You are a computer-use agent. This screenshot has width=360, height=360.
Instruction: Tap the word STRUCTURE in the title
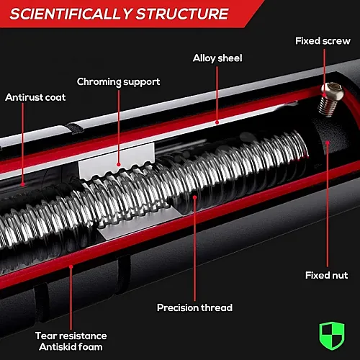point(182,14)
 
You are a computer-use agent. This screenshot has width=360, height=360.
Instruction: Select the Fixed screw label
point(323,41)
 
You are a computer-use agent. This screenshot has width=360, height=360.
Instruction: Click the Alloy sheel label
point(217,58)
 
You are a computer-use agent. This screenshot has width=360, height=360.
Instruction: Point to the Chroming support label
point(118,82)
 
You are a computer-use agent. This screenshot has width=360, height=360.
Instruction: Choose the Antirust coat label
point(35,97)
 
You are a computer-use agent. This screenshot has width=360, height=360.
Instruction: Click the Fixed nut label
point(326,275)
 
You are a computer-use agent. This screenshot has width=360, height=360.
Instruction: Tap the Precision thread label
point(194,307)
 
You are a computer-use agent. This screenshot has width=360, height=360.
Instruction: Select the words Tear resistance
point(71,336)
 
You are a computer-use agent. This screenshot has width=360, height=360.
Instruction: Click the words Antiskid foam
point(71,347)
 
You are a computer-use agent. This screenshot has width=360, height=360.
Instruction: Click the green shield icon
point(332,336)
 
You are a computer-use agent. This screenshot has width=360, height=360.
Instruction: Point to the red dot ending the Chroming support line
point(119,164)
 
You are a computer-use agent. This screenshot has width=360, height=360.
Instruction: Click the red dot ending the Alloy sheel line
point(217,122)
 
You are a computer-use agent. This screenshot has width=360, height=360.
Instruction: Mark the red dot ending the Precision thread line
point(195,197)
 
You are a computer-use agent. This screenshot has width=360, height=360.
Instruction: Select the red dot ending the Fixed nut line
point(328,143)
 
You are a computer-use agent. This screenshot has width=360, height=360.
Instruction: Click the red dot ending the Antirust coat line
point(22,184)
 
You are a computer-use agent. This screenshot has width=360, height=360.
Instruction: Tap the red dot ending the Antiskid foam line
point(71,266)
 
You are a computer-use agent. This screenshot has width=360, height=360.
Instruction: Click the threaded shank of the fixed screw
point(328,107)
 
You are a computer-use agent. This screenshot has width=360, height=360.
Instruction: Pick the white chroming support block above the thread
point(117,161)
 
